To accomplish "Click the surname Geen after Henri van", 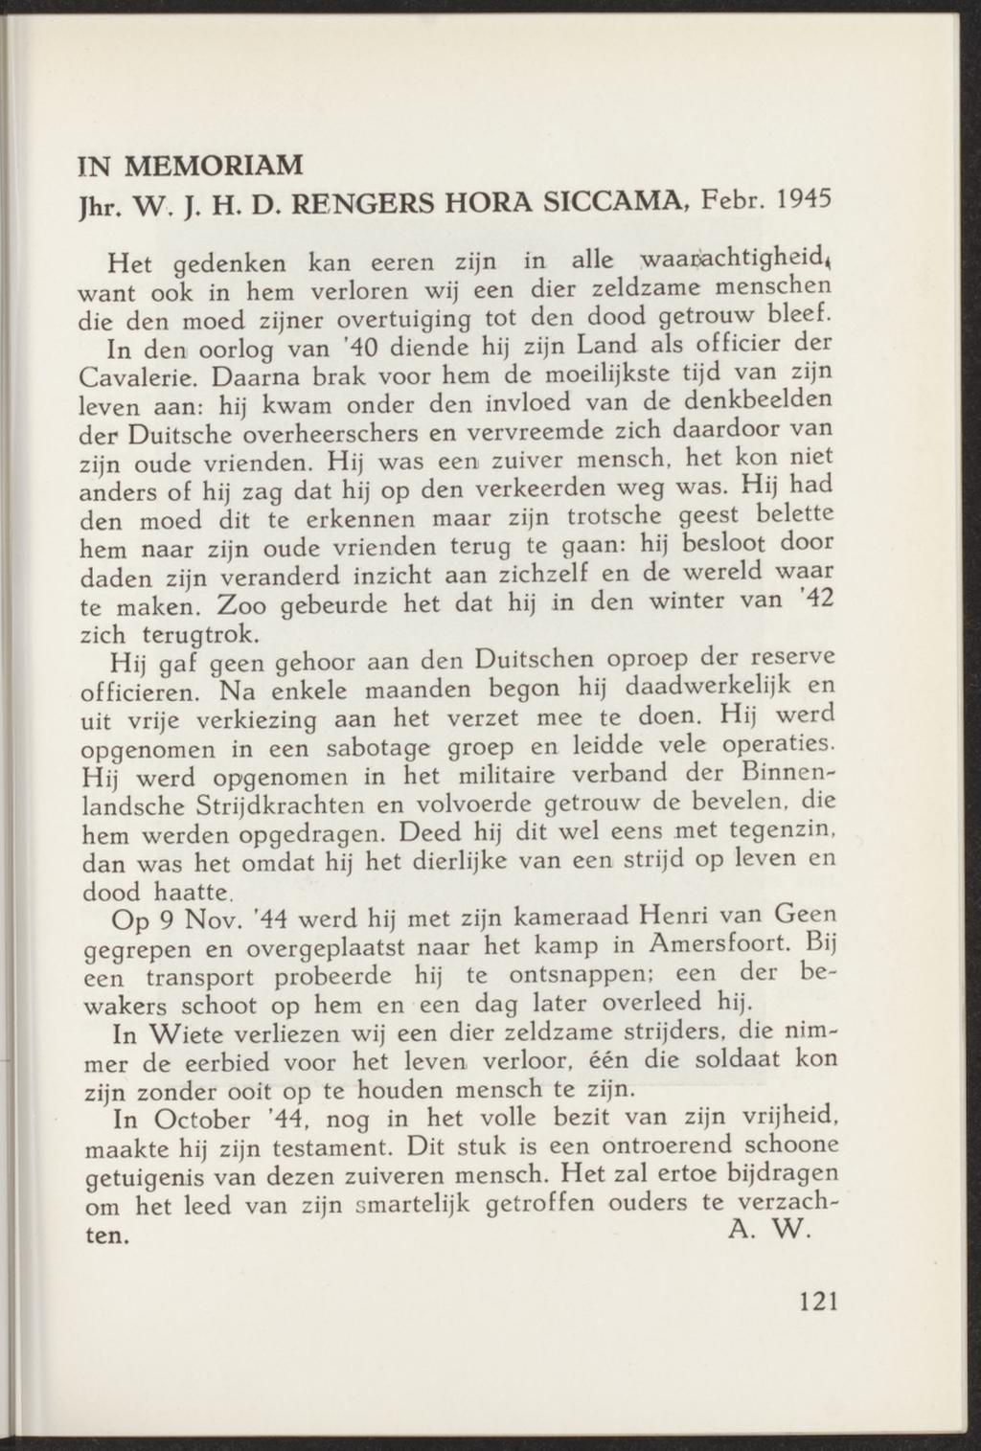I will (x=803, y=916).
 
